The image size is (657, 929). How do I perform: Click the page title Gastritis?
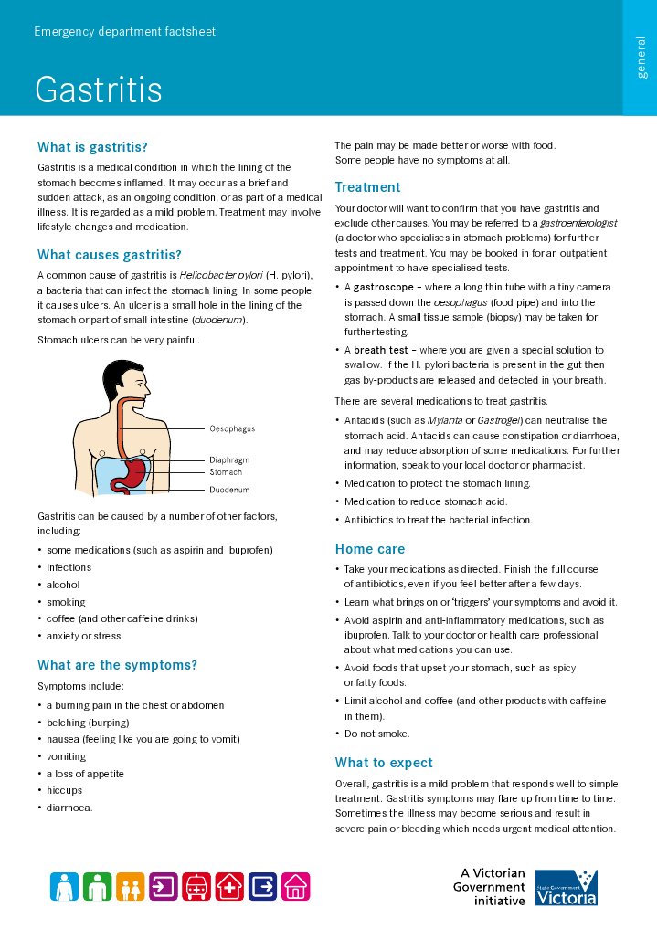(99, 90)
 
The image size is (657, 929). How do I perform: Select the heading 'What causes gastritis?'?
(110, 255)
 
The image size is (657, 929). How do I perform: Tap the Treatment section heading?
(367, 187)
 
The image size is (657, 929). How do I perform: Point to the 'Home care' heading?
(369, 549)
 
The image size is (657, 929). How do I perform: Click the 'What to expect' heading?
(384, 763)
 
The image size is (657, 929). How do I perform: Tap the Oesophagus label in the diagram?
(232, 428)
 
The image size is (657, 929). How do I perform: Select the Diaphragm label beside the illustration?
(229, 460)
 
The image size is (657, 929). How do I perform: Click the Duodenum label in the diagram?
(229, 491)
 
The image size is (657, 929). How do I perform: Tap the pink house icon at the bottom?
(295, 885)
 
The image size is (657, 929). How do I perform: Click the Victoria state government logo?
(566, 887)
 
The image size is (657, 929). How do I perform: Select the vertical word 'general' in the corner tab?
(641, 58)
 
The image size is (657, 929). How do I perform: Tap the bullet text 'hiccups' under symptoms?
(64, 790)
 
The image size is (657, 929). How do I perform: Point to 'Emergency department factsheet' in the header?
(124, 32)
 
